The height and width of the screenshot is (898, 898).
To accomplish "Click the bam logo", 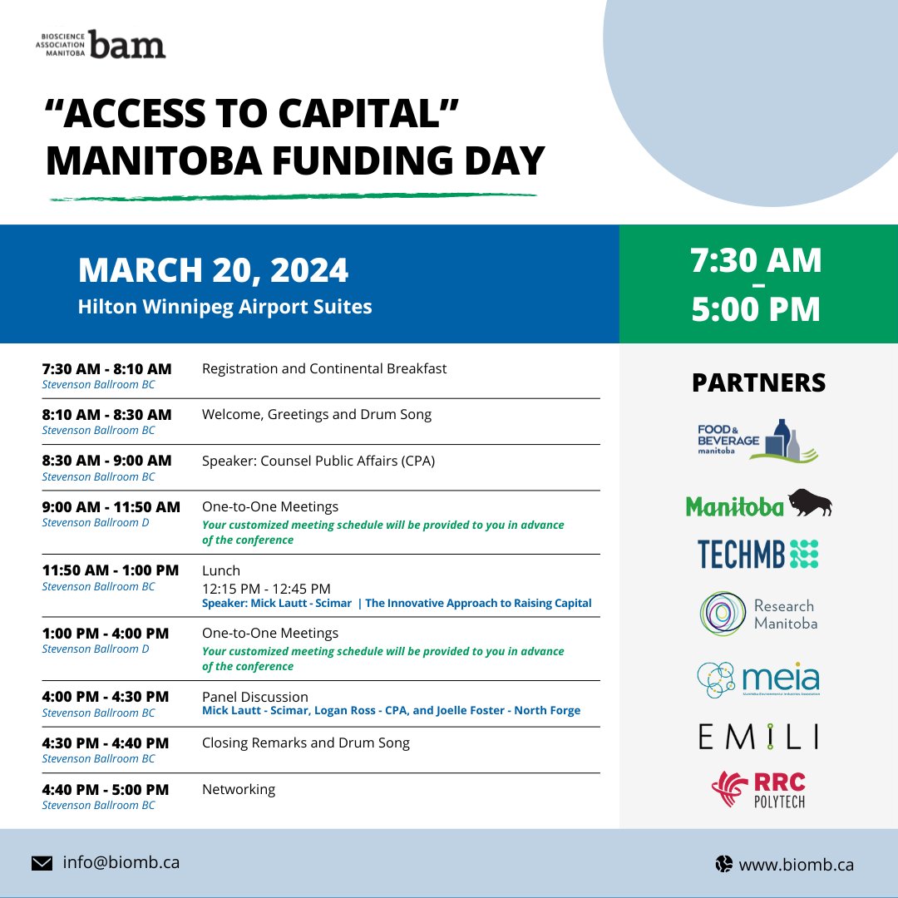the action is [101, 44].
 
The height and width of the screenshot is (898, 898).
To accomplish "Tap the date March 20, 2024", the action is [213, 269].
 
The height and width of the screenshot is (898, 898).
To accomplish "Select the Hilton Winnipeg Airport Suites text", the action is [225, 306].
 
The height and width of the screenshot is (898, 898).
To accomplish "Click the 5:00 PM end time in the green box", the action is [756, 308].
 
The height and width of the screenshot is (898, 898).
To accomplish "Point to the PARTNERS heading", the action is [759, 382].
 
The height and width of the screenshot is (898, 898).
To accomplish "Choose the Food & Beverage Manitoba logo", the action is [757, 441].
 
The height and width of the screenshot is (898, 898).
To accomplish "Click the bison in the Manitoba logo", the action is [810, 502].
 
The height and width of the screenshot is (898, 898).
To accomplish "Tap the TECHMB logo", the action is [757, 554].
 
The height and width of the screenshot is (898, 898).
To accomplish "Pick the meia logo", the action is [758, 680].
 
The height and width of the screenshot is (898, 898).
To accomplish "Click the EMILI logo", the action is [758, 737].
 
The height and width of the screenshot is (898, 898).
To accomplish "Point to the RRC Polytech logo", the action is [758, 789].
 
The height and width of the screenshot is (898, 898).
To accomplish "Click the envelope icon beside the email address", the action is [42, 863].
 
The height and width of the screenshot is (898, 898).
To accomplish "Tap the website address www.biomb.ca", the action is [796, 864].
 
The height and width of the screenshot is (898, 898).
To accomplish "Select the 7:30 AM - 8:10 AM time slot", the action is [106, 369].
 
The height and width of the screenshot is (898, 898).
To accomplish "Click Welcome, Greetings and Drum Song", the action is [317, 415].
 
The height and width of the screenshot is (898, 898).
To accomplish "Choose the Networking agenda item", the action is [239, 789].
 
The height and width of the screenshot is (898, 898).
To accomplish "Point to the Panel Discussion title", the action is [255, 697].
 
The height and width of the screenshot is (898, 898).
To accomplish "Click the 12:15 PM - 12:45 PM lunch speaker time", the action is [266, 589].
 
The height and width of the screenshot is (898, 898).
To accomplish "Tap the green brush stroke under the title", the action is [294, 197].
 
